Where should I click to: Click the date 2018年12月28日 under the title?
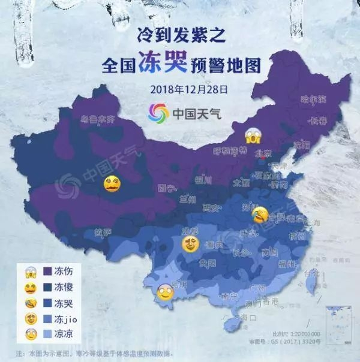pos(189,90)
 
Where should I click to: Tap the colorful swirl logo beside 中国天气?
pos(158,112)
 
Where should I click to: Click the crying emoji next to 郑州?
pos(260,212)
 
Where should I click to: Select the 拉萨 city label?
pos(103,232)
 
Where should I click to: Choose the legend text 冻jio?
pos(64,320)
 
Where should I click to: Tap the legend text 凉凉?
pos(61,336)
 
